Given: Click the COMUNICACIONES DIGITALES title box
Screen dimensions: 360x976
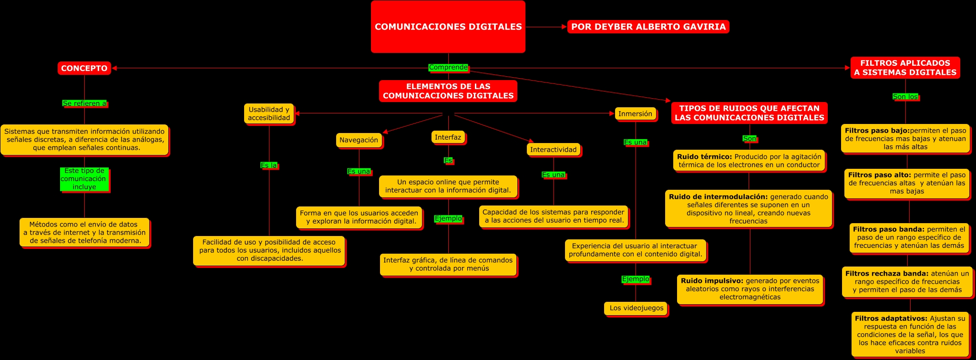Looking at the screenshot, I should pos(448,27).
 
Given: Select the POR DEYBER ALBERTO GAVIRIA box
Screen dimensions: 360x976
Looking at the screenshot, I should pos(648,27).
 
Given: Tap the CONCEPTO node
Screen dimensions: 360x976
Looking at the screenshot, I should pos(84,68).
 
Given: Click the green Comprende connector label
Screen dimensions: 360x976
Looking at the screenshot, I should pos(448,68).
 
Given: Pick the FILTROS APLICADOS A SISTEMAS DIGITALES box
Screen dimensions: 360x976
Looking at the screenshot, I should pos(905,68).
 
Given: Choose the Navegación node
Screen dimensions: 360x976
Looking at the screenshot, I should pos(359,140).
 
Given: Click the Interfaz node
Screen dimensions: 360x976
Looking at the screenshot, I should pos(448,137).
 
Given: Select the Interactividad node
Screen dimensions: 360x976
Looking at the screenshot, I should pos(553,150).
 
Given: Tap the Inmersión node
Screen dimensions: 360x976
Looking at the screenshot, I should pos(635,114).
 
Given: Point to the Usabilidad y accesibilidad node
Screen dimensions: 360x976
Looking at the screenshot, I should pos(269,114).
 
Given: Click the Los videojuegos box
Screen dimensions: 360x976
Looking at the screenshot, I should pos(636,308).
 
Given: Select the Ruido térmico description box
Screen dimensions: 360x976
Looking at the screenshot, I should pos(749,161).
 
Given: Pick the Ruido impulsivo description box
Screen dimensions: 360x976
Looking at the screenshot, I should pos(750,289).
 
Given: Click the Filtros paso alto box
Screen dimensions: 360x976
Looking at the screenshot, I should pos(906,183).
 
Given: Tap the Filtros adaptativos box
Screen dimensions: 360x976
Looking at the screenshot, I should pos(910,334).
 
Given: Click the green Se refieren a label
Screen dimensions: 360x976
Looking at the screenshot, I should pos(84,103).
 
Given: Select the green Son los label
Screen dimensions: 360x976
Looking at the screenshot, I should pos(905,97).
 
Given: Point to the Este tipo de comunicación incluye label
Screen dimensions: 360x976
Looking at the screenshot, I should pos(84,179).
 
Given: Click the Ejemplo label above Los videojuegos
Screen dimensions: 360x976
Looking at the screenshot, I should pos(636,279).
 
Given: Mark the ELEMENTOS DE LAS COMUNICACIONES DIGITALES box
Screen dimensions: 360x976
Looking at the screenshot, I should pos(448,91).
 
